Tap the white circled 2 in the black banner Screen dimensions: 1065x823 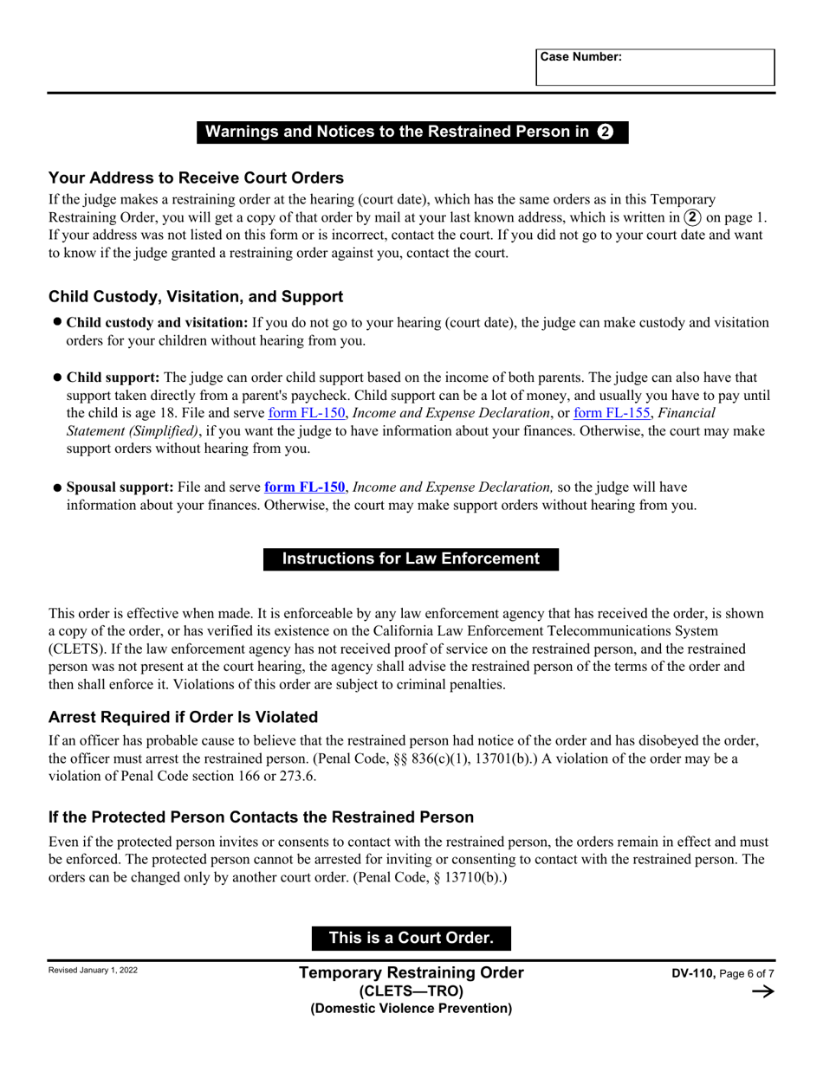point(606,132)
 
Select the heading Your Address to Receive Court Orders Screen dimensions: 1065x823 point(196,177)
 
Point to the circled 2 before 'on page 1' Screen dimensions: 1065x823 point(693,217)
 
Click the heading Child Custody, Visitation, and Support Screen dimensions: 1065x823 point(196,296)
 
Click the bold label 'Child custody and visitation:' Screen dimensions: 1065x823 point(157,322)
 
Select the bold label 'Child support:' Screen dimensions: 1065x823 point(113,378)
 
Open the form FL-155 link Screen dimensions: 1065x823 point(612,413)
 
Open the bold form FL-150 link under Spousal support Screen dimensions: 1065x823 point(304,487)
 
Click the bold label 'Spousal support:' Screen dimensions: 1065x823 point(120,487)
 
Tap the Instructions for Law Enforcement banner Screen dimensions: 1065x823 point(411,558)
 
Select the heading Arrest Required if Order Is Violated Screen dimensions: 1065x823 point(183,717)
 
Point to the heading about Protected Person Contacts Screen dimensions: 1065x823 point(261,816)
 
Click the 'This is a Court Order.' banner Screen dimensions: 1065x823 point(411,938)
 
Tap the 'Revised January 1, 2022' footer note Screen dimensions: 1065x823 point(93,970)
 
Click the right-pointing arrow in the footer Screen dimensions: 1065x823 point(762,991)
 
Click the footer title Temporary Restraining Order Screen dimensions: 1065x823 point(411,972)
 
